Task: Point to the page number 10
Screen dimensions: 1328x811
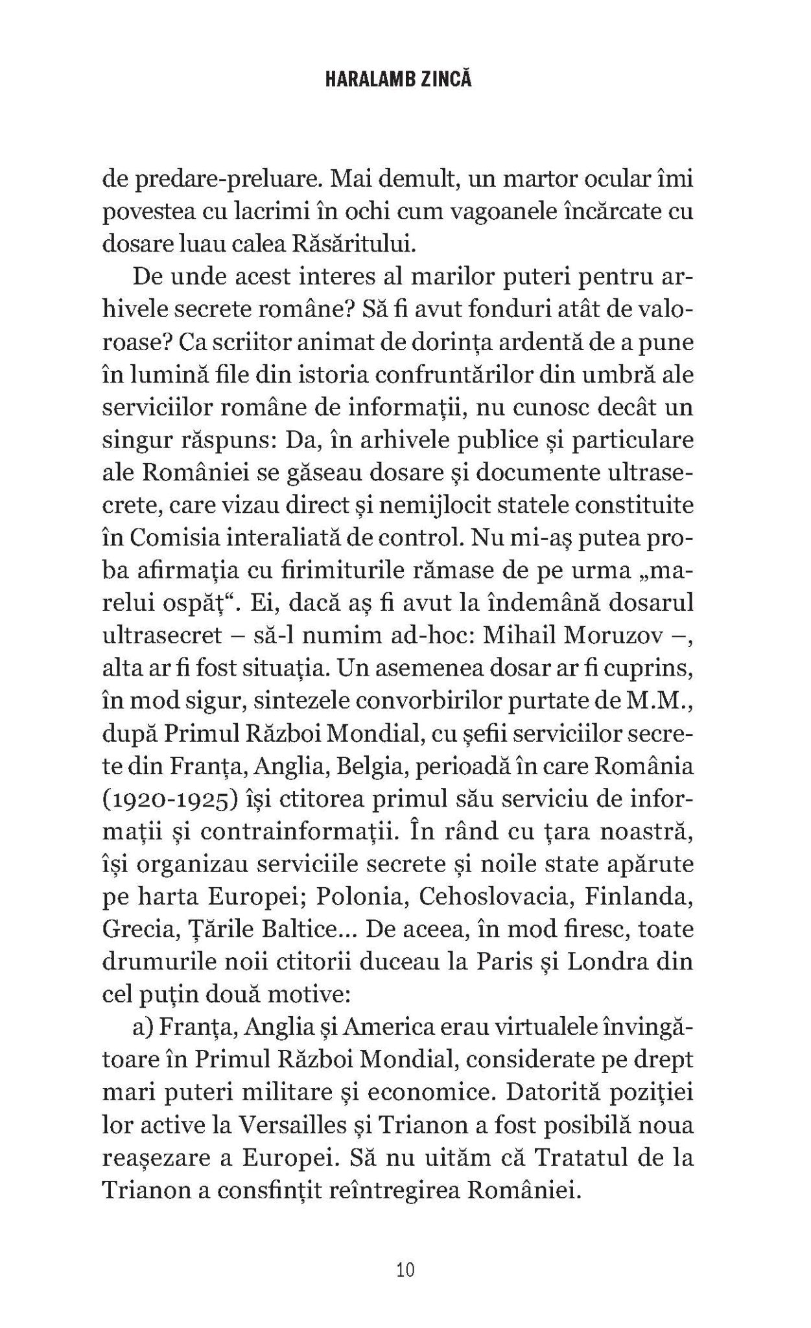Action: click(405, 1269)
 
